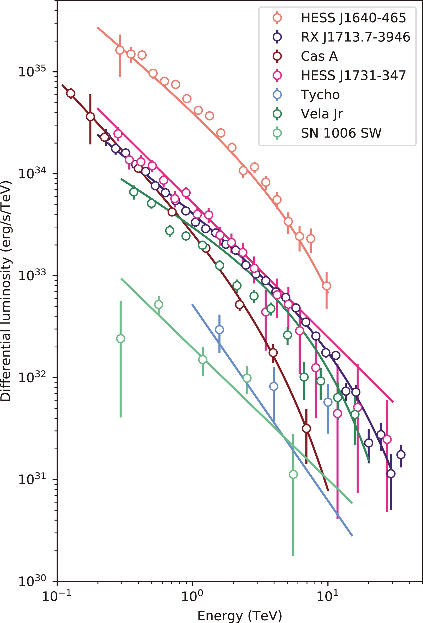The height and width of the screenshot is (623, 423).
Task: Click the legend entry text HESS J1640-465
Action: (x=353, y=18)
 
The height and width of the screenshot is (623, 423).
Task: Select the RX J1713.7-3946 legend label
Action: (x=355, y=37)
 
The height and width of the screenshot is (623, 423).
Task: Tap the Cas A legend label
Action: (x=319, y=56)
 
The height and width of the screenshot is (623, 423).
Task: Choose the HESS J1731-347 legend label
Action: (x=353, y=76)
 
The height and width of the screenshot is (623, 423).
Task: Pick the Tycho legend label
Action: (x=320, y=95)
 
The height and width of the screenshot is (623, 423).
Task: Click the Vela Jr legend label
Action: (x=322, y=114)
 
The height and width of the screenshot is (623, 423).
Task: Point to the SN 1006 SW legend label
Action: (x=341, y=133)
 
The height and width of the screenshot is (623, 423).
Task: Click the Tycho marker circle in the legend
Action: (x=277, y=95)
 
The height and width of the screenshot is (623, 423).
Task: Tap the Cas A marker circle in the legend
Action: (x=277, y=56)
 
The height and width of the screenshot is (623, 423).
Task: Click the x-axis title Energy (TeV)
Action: (x=240, y=615)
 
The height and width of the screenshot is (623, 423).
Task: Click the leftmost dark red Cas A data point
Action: (x=70, y=93)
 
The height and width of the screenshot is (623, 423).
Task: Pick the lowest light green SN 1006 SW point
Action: (x=293, y=474)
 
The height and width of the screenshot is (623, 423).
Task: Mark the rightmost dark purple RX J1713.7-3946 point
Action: (x=401, y=455)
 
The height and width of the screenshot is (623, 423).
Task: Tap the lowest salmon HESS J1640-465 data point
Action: (x=327, y=286)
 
